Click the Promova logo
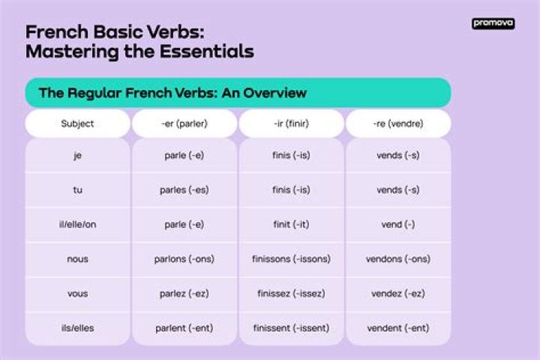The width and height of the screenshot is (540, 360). tap(493, 24)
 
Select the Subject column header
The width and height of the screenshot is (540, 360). tap(77, 124)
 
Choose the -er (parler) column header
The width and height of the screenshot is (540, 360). tap(184, 124)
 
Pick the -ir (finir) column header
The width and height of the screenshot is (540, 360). tap(291, 124)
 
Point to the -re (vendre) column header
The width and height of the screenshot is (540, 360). tap(397, 124)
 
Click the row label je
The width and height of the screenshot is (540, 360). tap(77, 155)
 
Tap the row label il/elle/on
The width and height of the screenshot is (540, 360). tap(77, 224)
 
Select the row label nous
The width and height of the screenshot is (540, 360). tap(77, 259)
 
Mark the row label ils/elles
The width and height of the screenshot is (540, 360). tap(77, 328)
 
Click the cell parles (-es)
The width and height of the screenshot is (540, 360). tap(184, 190)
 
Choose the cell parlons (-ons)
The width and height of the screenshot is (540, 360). tap(184, 259)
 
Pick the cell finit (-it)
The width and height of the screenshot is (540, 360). tap(291, 224)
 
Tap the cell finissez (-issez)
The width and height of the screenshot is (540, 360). tap(291, 294)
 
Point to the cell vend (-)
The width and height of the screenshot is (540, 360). tap(397, 224)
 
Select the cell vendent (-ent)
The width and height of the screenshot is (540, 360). tap(397, 328)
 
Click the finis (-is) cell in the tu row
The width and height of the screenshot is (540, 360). tap(291, 190)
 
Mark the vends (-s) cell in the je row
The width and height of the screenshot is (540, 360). tap(397, 155)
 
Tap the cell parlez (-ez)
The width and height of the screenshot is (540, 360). tap(184, 294)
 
